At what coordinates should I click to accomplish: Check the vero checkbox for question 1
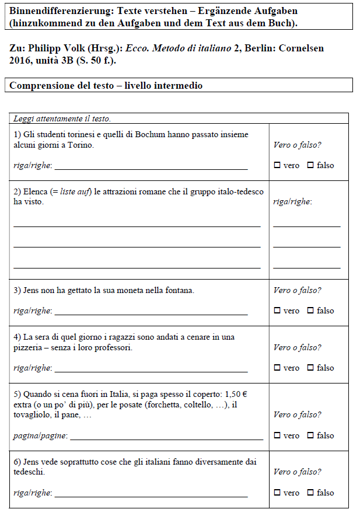click(x=277, y=165)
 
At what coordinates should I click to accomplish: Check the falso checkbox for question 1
click(x=310, y=165)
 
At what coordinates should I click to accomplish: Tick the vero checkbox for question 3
click(x=277, y=311)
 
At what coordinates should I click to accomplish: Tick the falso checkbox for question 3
click(x=310, y=311)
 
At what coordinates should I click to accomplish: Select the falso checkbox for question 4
click(x=310, y=368)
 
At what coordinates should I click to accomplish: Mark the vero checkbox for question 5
click(x=277, y=435)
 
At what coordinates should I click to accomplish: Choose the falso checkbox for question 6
click(x=310, y=493)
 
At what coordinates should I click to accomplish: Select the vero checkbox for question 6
click(x=277, y=493)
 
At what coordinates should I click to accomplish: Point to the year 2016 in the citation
click(x=22, y=60)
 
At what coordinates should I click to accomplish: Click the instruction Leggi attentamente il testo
click(x=62, y=118)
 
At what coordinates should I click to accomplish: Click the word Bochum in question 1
click(x=151, y=134)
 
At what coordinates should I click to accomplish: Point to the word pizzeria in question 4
click(x=29, y=347)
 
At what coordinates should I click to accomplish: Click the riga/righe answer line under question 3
click(x=151, y=314)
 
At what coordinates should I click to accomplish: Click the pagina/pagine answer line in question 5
click(x=166, y=439)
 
